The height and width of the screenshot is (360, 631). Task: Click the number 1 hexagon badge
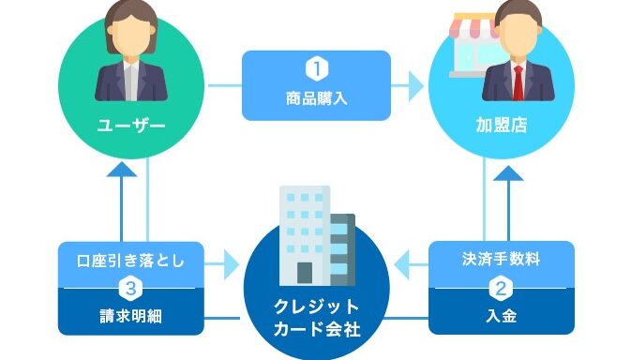(317, 68)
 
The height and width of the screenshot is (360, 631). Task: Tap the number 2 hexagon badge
(501, 289)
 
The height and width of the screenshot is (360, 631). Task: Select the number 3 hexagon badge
(130, 289)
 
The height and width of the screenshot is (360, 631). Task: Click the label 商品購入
(317, 98)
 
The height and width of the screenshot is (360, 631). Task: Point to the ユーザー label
(131, 126)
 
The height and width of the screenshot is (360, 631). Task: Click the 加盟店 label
(502, 125)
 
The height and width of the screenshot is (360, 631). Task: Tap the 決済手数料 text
(501, 259)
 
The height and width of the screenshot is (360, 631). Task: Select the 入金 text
(501, 316)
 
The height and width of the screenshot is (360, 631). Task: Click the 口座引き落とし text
(130, 261)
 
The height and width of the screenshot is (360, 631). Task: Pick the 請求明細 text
(130, 316)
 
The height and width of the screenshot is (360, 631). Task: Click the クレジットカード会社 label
(317, 318)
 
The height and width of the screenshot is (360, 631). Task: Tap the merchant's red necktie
(518, 82)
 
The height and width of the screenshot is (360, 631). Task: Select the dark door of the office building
(305, 273)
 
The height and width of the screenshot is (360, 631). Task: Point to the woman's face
(130, 37)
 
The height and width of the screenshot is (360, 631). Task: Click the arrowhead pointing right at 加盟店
(416, 85)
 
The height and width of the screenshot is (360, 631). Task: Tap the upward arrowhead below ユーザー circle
(122, 170)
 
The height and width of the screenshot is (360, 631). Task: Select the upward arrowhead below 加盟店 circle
(508, 173)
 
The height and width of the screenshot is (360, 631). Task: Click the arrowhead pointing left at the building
(402, 264)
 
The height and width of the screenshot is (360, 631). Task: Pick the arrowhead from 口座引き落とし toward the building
(232, 264)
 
